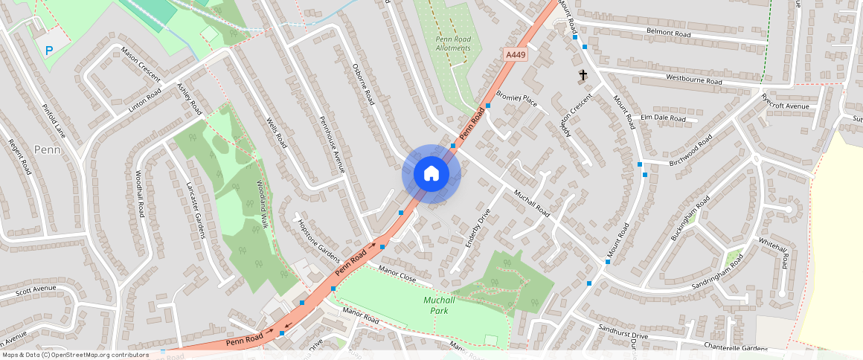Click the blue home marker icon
click(x=431, y=174)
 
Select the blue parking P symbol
click(x=49, y=51)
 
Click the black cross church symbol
click(x=583, y=75)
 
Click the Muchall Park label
click(x=439, y=305)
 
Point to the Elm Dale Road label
click(x=663, y=118)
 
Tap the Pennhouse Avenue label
click(x=332, y=144)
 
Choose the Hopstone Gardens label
click(x=318, y=241)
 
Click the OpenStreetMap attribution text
click(x=76, y=355)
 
